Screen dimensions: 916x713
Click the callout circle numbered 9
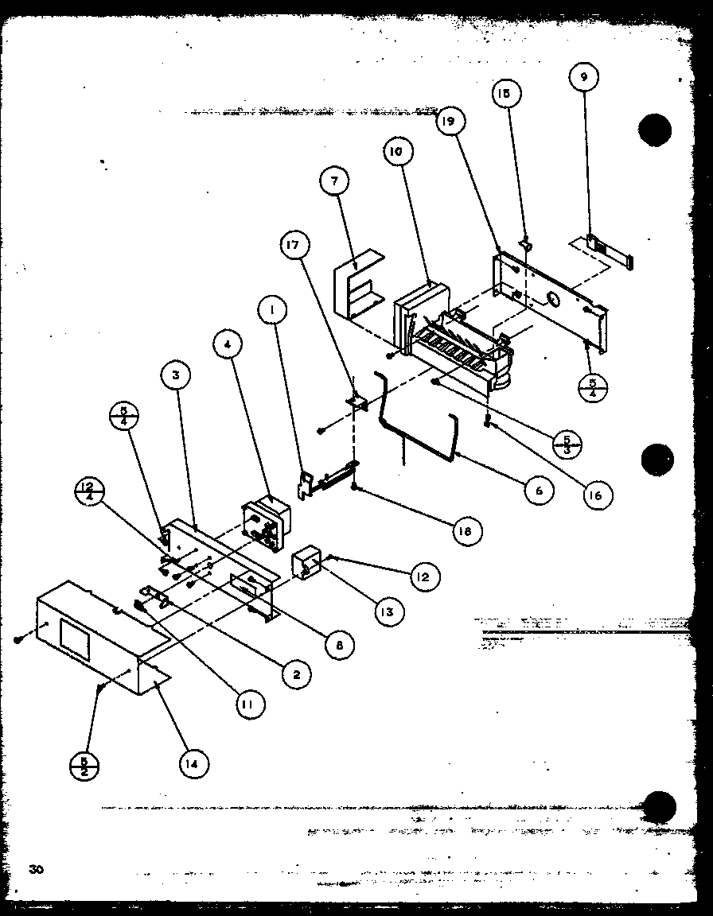click(x=584, y=78)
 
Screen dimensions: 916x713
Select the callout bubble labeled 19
click(x=450, y=122)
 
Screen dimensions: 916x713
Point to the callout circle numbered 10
click(x=398, y=151)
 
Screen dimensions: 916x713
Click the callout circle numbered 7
click(x=335, y=181)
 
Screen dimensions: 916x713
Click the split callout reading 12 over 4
click(x=92, y=489)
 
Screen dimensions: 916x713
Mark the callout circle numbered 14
click(x=194, y=764)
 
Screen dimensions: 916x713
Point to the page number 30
click(x=36, y=868)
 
